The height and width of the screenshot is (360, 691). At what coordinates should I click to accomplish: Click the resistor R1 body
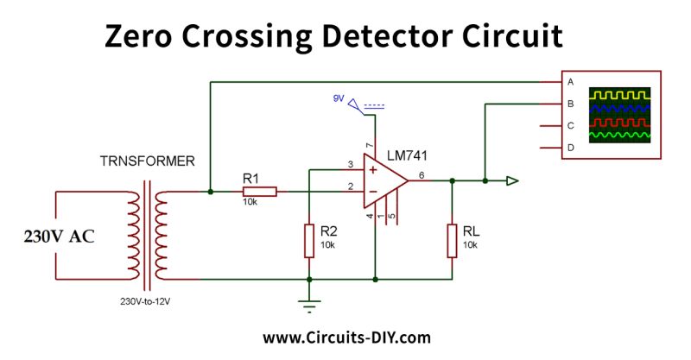[259, 192]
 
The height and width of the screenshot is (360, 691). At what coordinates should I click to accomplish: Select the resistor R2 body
[309, 240]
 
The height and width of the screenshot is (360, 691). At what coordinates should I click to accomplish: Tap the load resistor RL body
[452, 240]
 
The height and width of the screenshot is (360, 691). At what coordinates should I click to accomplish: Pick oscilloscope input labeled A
[570, 82]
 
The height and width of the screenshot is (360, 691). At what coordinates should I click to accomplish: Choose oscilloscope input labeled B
[570, 104]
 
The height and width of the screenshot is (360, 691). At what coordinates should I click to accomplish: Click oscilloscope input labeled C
[570, 126]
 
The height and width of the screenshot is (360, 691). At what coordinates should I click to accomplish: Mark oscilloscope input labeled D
[570, 148]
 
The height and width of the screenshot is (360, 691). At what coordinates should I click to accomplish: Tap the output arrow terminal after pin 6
[512, 181]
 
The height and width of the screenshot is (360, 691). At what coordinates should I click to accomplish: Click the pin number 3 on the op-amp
[350, 164]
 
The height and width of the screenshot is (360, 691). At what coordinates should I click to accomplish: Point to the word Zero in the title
[144, 36]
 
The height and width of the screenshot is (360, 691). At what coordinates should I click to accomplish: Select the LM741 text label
[409, 155]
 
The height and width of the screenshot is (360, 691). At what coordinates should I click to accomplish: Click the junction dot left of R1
[210, 192]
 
